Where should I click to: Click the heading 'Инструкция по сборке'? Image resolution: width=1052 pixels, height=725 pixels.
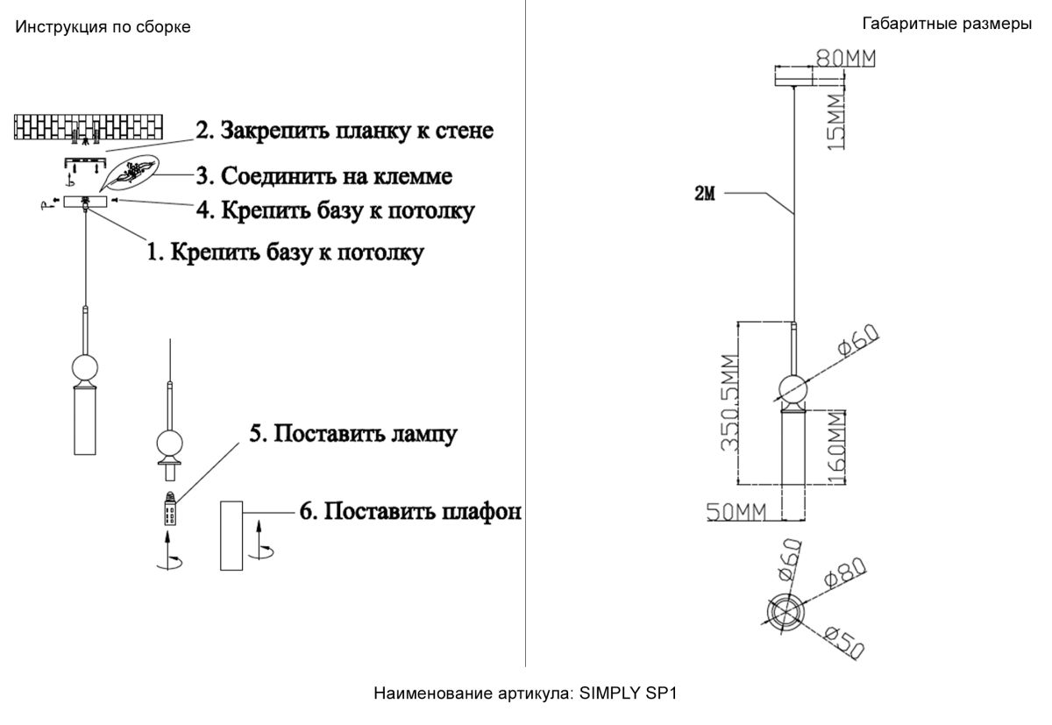click(x=103, y=27)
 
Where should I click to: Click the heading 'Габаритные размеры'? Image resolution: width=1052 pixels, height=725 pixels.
click(x=946, y=24)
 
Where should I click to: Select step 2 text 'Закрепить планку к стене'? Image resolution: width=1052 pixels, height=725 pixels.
click(x=344, y=131)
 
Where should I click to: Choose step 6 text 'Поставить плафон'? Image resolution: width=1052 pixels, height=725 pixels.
click(x=410, y=511)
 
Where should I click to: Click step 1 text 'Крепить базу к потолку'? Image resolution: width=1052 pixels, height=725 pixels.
click(x=285, y=253)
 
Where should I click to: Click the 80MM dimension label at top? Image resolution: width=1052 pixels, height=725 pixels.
click(x=846, y=59)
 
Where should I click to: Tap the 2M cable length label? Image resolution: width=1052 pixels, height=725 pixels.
click(x=705, y=195)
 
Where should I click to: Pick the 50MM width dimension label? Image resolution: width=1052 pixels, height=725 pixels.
click(x=737, y=511)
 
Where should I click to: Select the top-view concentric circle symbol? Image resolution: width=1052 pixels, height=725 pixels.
click(x=783, y=611)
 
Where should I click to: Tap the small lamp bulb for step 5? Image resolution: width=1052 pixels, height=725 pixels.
click(x=168, y=508)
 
